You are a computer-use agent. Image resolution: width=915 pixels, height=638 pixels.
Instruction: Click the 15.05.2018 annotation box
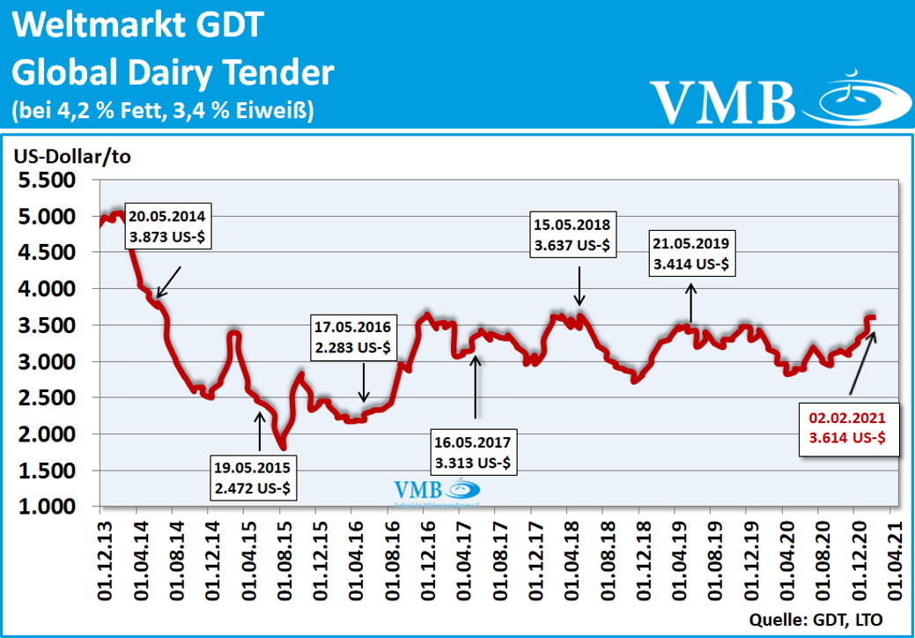click(x=572, y=234)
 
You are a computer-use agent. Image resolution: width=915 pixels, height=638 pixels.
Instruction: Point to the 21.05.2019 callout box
click(x=691, y=253)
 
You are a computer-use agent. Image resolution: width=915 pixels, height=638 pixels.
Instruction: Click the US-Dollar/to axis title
click(x=70, y=156)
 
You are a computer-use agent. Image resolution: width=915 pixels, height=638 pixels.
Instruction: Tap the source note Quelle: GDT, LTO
click(x=815, y=618)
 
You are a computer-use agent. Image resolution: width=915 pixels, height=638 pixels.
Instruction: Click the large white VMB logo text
click(x=722, y=101)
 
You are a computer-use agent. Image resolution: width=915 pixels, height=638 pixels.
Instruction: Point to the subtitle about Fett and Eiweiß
click(x=163, y=110)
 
